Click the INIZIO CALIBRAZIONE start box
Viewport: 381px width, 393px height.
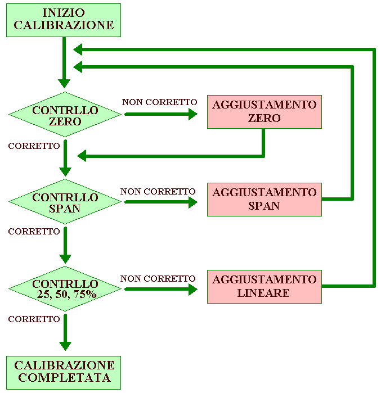64,19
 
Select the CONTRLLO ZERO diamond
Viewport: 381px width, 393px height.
65,115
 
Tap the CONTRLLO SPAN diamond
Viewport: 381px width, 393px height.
65,202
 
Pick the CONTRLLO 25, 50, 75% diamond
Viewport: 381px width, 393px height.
65,289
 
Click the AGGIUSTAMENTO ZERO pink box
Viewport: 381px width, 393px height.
264,112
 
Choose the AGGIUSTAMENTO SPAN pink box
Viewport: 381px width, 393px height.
264,199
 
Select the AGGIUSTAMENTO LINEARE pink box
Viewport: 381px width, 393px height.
264,286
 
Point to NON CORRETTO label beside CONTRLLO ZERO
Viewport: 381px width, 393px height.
159,102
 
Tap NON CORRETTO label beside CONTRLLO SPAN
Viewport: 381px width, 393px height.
158,191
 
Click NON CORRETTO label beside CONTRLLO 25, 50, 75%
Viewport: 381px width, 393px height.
158,278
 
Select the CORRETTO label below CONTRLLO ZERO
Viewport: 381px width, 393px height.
34,146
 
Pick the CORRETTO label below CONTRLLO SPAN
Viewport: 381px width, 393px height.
34,231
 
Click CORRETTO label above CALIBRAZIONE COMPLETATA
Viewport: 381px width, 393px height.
34,319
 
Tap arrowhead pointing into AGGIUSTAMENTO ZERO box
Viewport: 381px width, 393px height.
192,114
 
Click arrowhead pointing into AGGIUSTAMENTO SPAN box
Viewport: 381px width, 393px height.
192,201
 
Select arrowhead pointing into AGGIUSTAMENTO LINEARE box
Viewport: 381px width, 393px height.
192,289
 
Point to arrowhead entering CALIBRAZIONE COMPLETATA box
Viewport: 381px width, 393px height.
65,345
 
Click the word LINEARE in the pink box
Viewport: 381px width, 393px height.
264,293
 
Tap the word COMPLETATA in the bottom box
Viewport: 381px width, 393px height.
64,378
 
